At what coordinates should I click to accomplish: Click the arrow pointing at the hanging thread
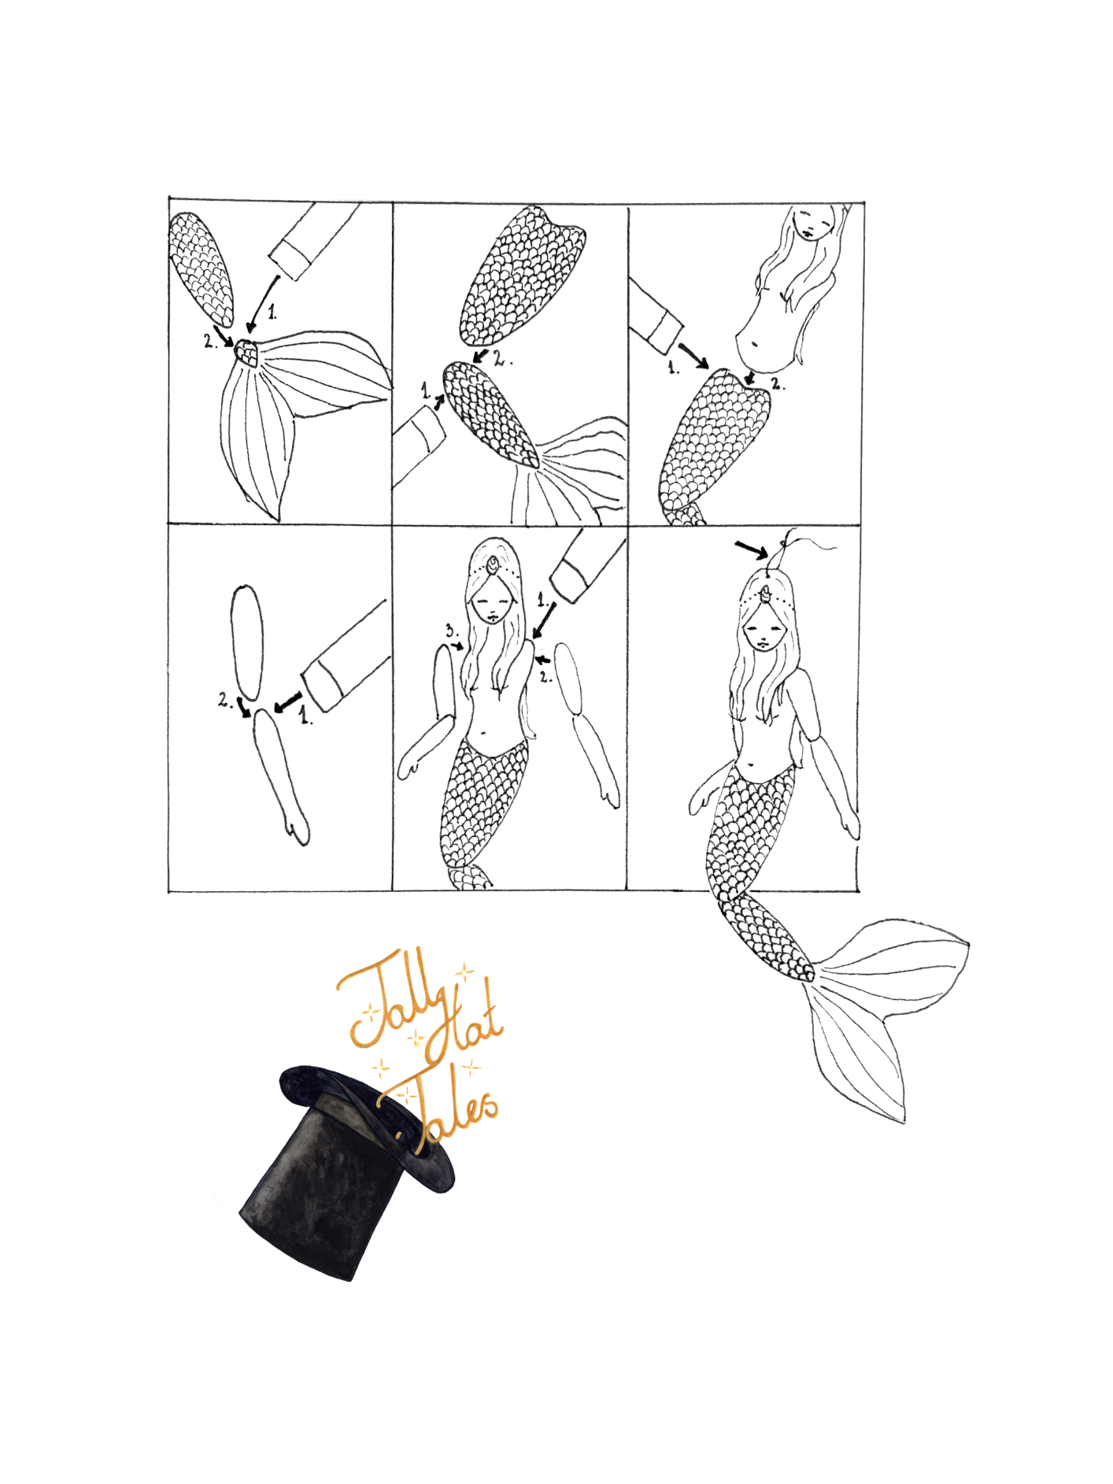pyautogui.click(x=750, y=550)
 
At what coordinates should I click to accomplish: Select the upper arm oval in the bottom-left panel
pyautogui.click(x=247, y=642)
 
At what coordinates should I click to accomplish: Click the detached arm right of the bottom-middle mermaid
pyautogui.click(x=588, y=724)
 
